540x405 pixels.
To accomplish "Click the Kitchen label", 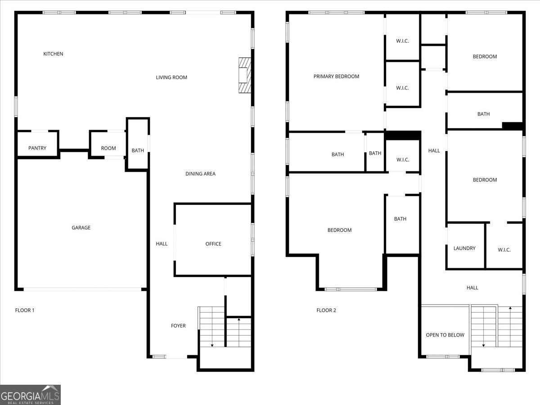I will point(53,54).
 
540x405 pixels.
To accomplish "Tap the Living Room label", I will point(171,77).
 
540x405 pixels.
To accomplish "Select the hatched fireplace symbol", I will point(244,75).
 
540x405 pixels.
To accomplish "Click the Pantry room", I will point(37,148).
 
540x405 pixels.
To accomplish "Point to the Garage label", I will point(81,228).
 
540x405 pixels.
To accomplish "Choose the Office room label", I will point(213,244).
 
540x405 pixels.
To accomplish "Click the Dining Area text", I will point(200,174).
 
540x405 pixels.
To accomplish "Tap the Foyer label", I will point(178,326).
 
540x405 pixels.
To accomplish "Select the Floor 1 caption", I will point(25,310).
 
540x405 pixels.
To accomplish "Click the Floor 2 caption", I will point(326,310).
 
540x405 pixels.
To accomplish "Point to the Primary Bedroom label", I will point(336,76).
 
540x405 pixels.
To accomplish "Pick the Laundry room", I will point(464,248).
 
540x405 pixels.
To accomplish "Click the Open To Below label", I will point(445,335).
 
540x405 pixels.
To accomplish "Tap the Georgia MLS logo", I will point(30,395).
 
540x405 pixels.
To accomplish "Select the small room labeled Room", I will point(108,148).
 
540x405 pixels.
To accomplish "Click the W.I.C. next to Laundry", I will point(504,250).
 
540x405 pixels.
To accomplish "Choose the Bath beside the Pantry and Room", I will point(138,150).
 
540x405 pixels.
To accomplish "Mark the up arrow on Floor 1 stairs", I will point(238,320).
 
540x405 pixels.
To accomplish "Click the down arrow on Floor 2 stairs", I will point(484,345).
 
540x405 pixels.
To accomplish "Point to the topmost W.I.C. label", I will point(402,41).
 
